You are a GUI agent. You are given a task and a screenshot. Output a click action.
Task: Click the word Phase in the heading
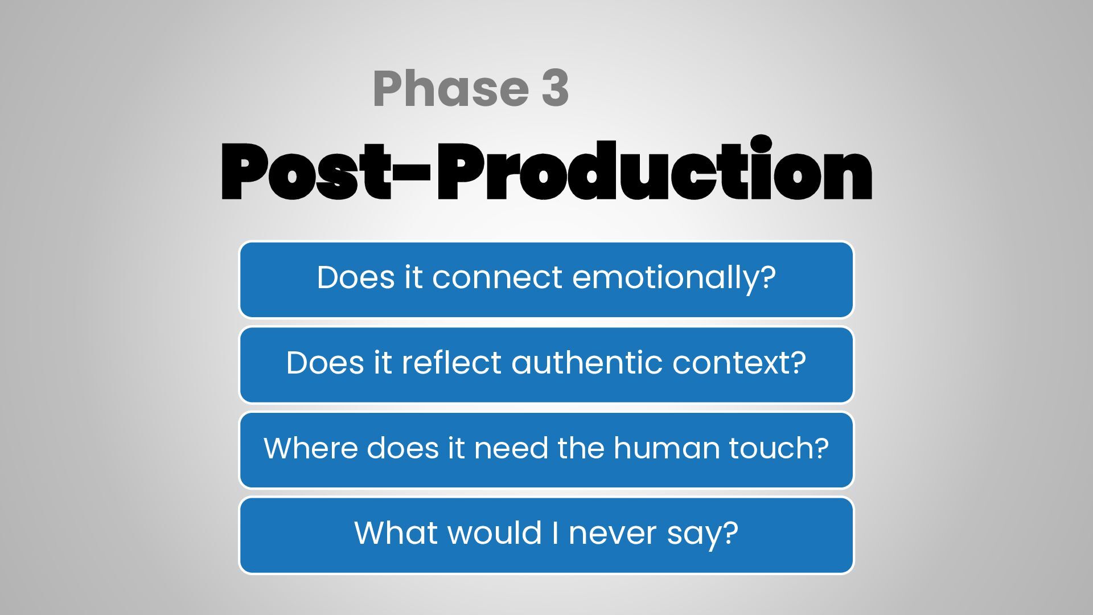[x=451, y=88]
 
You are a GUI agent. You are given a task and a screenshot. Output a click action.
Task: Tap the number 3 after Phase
[x=555, y=88]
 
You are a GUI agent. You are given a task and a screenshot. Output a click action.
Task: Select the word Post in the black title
[x=306, y=171]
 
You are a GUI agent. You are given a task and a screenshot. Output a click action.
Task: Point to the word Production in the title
[x=654, y=169]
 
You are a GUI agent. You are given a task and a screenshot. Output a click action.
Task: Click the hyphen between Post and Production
[x=412, y=171]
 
